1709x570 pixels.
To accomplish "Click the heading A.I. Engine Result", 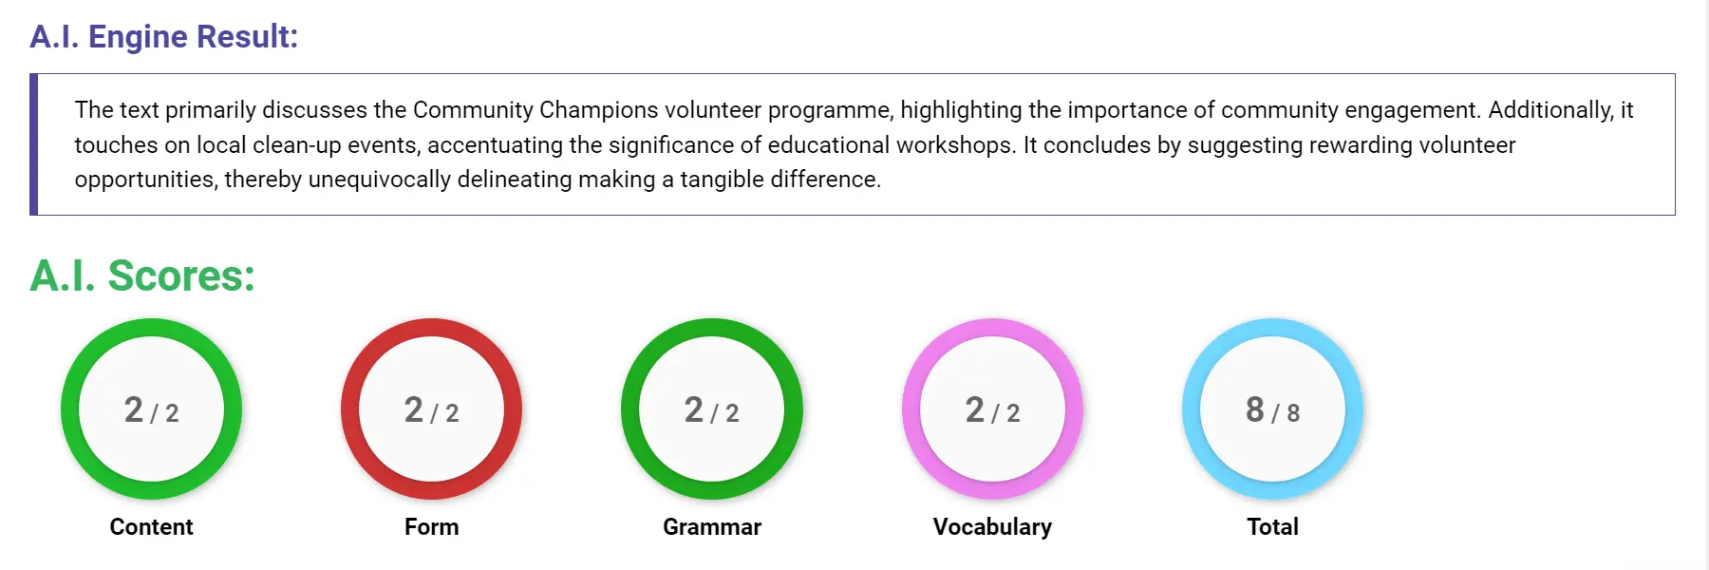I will (x=163, y=36).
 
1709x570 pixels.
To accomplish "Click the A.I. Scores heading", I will (x=142, y=275).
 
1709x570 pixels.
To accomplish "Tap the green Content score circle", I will (x=151, y=408).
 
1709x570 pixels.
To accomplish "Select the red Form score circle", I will (x=431, y=408).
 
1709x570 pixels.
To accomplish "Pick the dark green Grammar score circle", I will (x=711, y=408).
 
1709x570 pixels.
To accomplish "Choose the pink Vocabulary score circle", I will (x=992, y=408).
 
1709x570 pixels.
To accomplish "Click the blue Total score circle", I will (x=1272, y=408).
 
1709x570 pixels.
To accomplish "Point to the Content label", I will (x=151, y=526).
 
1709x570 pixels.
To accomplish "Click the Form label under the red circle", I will (x=431, y=526).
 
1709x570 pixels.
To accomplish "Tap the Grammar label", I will (x=711, y=526).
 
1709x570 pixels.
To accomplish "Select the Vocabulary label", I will (x=992, y=526).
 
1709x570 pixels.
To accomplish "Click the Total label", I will (x=1272, y=526).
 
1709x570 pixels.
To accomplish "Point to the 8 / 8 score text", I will (x=1272, y=410).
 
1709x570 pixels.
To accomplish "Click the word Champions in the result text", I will (x=598, y=110).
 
